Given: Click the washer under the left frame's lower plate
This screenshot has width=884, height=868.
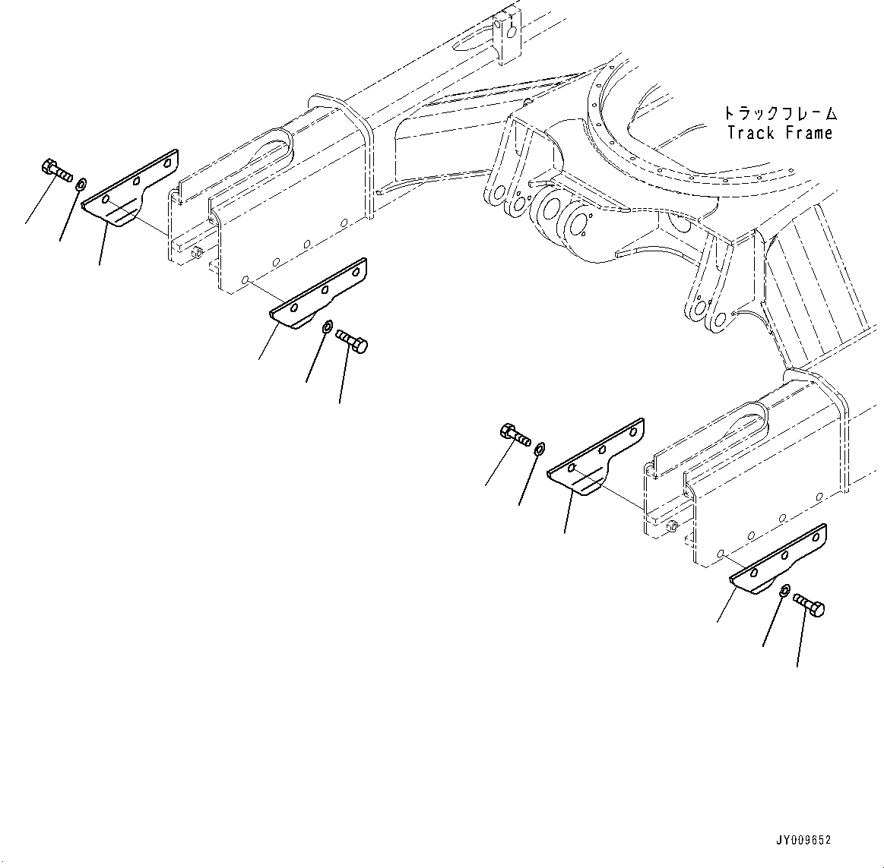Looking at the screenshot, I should (x=326, y=327).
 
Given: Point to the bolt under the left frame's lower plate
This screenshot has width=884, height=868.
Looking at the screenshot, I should (x=352, y=339).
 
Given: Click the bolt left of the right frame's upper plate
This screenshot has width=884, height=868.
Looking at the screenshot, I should (x=515, y=435).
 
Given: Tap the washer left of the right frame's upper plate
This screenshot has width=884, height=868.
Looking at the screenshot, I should (x=540, y=447).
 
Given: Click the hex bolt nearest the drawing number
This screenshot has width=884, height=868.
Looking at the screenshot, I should (x=810, y=604).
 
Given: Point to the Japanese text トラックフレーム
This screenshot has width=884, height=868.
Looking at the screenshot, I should (x=779, y=115).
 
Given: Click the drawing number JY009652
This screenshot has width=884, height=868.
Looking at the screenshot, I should (x=803, y=841).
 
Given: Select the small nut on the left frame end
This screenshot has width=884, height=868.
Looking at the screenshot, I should (x=196, y=252).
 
